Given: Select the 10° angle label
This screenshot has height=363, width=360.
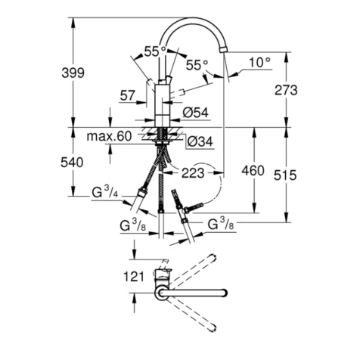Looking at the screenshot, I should coord(259,63).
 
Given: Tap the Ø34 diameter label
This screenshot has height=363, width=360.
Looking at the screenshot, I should coord(198,141).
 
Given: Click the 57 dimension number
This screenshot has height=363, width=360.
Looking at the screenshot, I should coord(128,95).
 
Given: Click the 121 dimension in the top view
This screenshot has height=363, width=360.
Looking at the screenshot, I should coord(133,276).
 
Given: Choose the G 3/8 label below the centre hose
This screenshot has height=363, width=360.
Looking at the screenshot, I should coord(134,225).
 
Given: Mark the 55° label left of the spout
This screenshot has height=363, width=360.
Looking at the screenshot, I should coord(154,51).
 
